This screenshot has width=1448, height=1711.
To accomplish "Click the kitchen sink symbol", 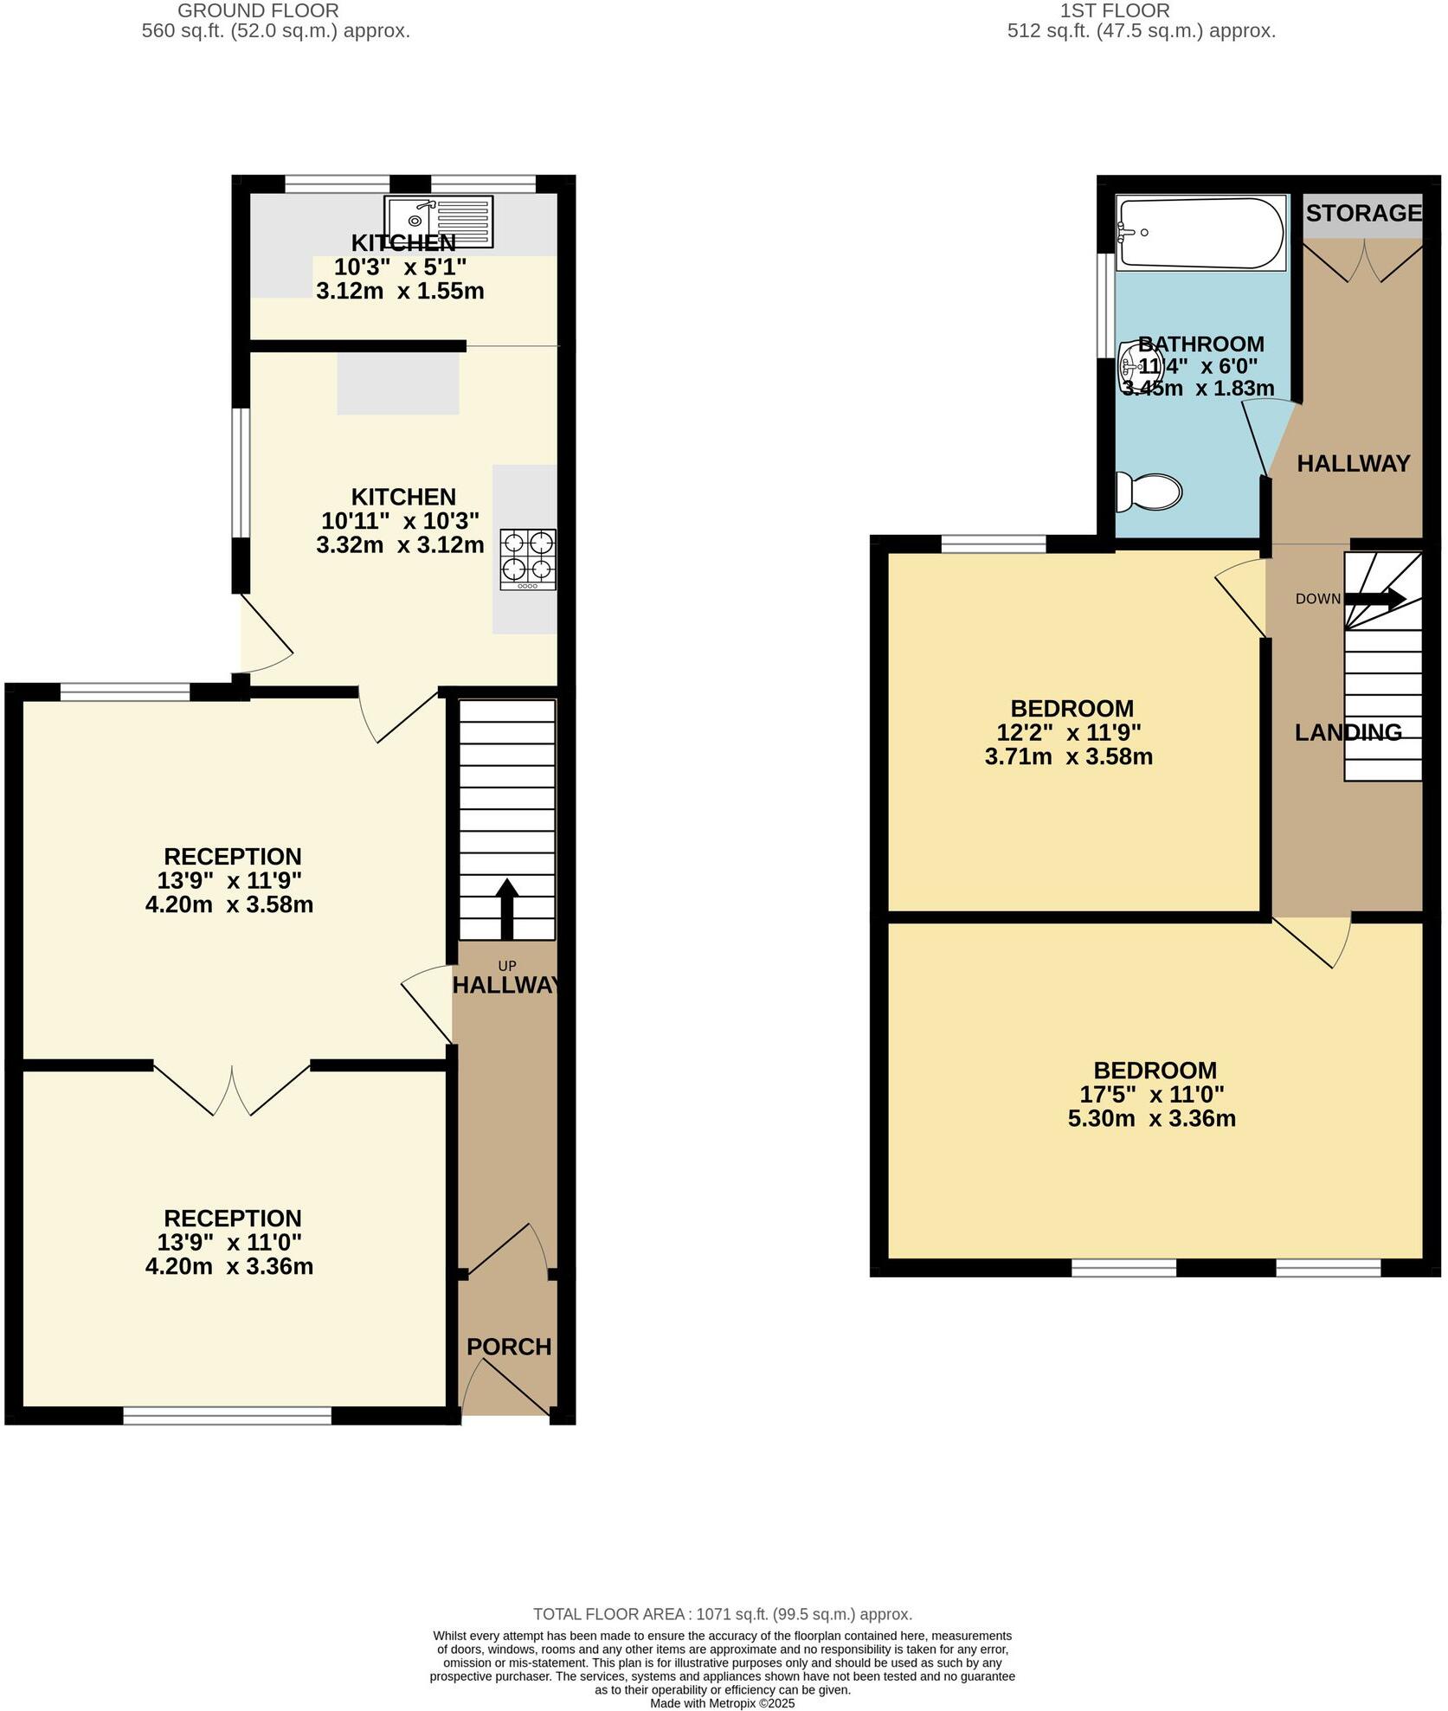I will [x=440, y=221].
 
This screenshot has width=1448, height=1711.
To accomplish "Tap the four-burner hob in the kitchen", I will [x=528, y=559].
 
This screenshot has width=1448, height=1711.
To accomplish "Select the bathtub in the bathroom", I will [x=1200, y=233].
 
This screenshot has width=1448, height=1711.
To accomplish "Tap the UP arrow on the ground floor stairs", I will [x=506, y=909].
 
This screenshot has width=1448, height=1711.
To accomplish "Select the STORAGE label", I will [x=1363, y=213].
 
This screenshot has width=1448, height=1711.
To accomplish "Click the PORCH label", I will [x=509, y=1347].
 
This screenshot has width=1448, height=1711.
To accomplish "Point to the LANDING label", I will [x=1348, y=732].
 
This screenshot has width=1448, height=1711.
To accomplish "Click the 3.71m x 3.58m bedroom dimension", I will [x=1068, y=756].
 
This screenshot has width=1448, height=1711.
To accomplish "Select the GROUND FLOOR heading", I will [x=258, y=11].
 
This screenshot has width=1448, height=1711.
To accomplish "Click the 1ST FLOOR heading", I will [x=1115, y=11].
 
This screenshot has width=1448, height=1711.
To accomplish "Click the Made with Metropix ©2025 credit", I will [x=722, y=1703].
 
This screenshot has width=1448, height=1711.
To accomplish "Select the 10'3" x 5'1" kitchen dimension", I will [x=400, y=267].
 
